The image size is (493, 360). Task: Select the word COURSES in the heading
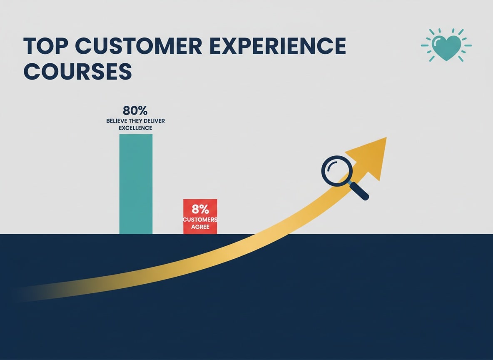[x=78, y=71]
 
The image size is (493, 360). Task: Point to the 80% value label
[x=135, y=111]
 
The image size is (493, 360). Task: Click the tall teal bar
[x=136, y=184]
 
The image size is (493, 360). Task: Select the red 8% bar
[x=200, y=217]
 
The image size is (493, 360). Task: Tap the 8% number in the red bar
[x=200, y=209]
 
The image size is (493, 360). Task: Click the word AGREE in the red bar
[x=200, y=227]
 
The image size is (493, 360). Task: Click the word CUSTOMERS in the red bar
[x=200, y=220]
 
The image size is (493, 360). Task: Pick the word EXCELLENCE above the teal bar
[x=135, y=128]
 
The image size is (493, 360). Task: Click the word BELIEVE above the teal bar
[x=117, y=121]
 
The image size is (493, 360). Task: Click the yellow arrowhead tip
[x=386, y=137]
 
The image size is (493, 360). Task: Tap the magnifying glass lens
[x=336, y=171]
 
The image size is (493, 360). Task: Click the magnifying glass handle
[x=359, y=191]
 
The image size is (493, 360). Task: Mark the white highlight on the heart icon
[x=437, y=42]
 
